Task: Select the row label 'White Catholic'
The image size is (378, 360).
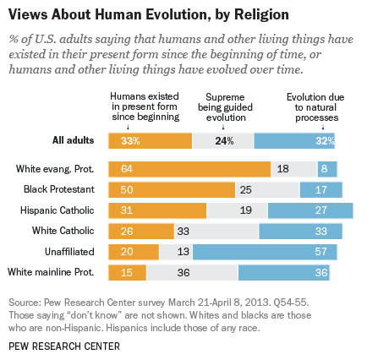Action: (86, 230)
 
